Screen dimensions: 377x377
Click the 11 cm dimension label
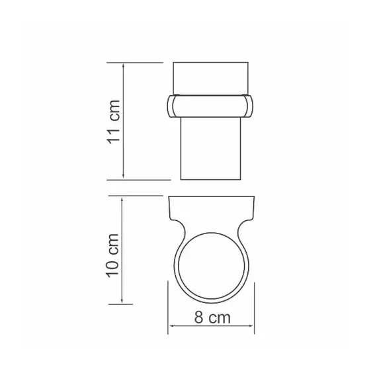pos(114,122)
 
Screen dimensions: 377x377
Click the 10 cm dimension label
pos(113,255)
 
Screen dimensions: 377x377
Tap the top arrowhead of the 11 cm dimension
pos(123,66)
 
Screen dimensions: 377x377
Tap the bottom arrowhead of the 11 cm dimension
pos(123,176)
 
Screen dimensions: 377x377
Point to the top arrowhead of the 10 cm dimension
pos(122,200)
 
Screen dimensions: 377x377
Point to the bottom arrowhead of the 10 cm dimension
pos(122,300)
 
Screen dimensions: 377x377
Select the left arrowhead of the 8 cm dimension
pos(173,326)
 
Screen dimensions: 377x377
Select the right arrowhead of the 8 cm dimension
pos(251,326)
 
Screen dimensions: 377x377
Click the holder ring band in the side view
pos(210,106)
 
